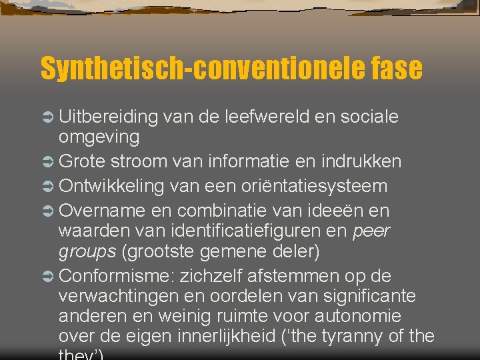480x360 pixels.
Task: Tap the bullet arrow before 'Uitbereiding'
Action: point(48,117)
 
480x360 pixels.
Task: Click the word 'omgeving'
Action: point(99,137)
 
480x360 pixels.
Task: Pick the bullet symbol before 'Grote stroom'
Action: point(48,162)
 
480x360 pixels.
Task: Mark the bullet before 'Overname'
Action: point(48,211)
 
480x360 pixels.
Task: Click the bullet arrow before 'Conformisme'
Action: point(48,276)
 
